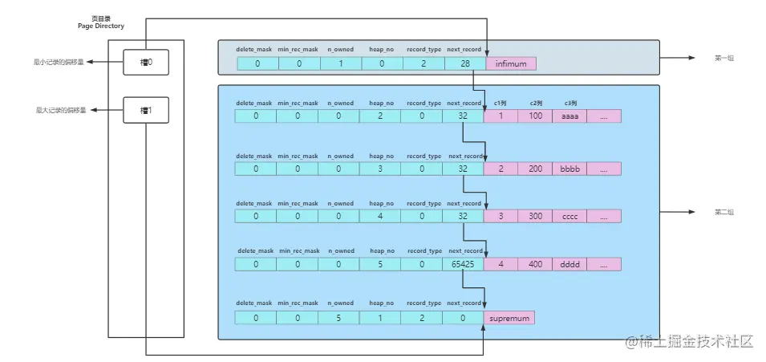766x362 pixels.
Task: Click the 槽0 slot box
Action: (145, 62)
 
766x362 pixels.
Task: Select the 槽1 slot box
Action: (145, 110)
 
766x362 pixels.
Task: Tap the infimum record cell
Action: (510, 63)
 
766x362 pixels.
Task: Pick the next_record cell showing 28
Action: (464, 63)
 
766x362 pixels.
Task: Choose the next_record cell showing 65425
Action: (464, 264)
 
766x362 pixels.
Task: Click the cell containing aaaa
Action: (569, 116)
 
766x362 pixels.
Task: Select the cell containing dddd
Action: (569, 264)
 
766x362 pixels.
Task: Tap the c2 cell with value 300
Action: (535, 217)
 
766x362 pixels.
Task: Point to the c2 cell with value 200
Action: (535, 169)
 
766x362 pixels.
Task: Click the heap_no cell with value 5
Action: (380, 264)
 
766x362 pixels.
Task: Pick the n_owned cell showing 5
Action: (339, 318)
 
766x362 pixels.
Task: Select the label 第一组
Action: (724, 59)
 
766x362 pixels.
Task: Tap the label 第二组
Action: (724, 212)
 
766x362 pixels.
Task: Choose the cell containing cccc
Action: (569, 217)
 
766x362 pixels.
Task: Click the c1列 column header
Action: (501, 103)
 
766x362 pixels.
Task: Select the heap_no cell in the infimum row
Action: (380, 63)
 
